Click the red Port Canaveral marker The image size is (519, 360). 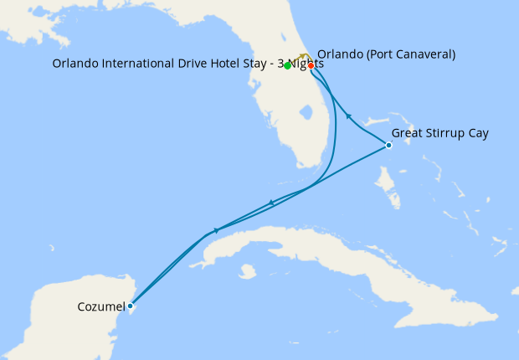pos(311,65)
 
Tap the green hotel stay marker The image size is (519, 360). pos(287,65)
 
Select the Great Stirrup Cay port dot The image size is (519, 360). pos(388,146)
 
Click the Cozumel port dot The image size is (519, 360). pos(130,306)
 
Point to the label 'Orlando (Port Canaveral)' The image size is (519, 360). pos(386,54)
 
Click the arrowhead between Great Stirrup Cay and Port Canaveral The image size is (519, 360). pos(348,117)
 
